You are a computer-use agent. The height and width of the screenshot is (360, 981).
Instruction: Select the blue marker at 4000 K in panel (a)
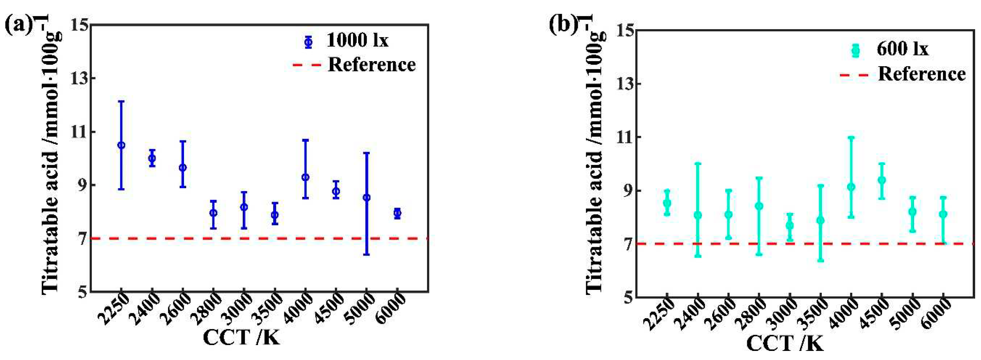pos(305,177)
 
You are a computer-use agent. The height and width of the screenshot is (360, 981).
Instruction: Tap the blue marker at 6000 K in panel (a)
pos(397,213)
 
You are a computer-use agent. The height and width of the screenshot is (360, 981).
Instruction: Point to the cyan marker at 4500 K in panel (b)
pos(882,180)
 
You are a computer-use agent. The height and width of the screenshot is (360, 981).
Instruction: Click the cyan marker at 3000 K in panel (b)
pos(790,225)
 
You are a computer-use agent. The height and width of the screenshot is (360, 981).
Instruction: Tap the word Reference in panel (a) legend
pos(371,65)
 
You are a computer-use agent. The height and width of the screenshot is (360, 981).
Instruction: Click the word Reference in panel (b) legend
pos(922,74)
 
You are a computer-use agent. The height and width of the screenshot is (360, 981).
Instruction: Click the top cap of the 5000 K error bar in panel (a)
pos(366,153)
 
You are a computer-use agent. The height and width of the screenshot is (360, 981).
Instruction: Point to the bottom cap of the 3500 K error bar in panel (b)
pos(821,261)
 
